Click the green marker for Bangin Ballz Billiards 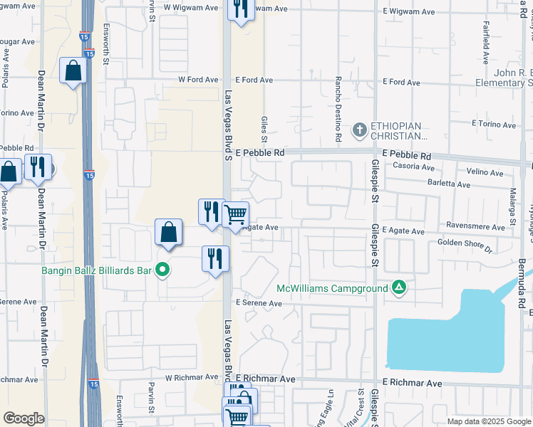click(162, 270)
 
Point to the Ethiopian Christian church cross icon click(360, 130)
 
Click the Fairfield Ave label click(486, 47)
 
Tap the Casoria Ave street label click(414, 167)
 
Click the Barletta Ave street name click(449, 184)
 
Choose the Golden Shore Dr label click(465, 246)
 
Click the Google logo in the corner click(24, 418)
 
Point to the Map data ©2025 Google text click(488, 421)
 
